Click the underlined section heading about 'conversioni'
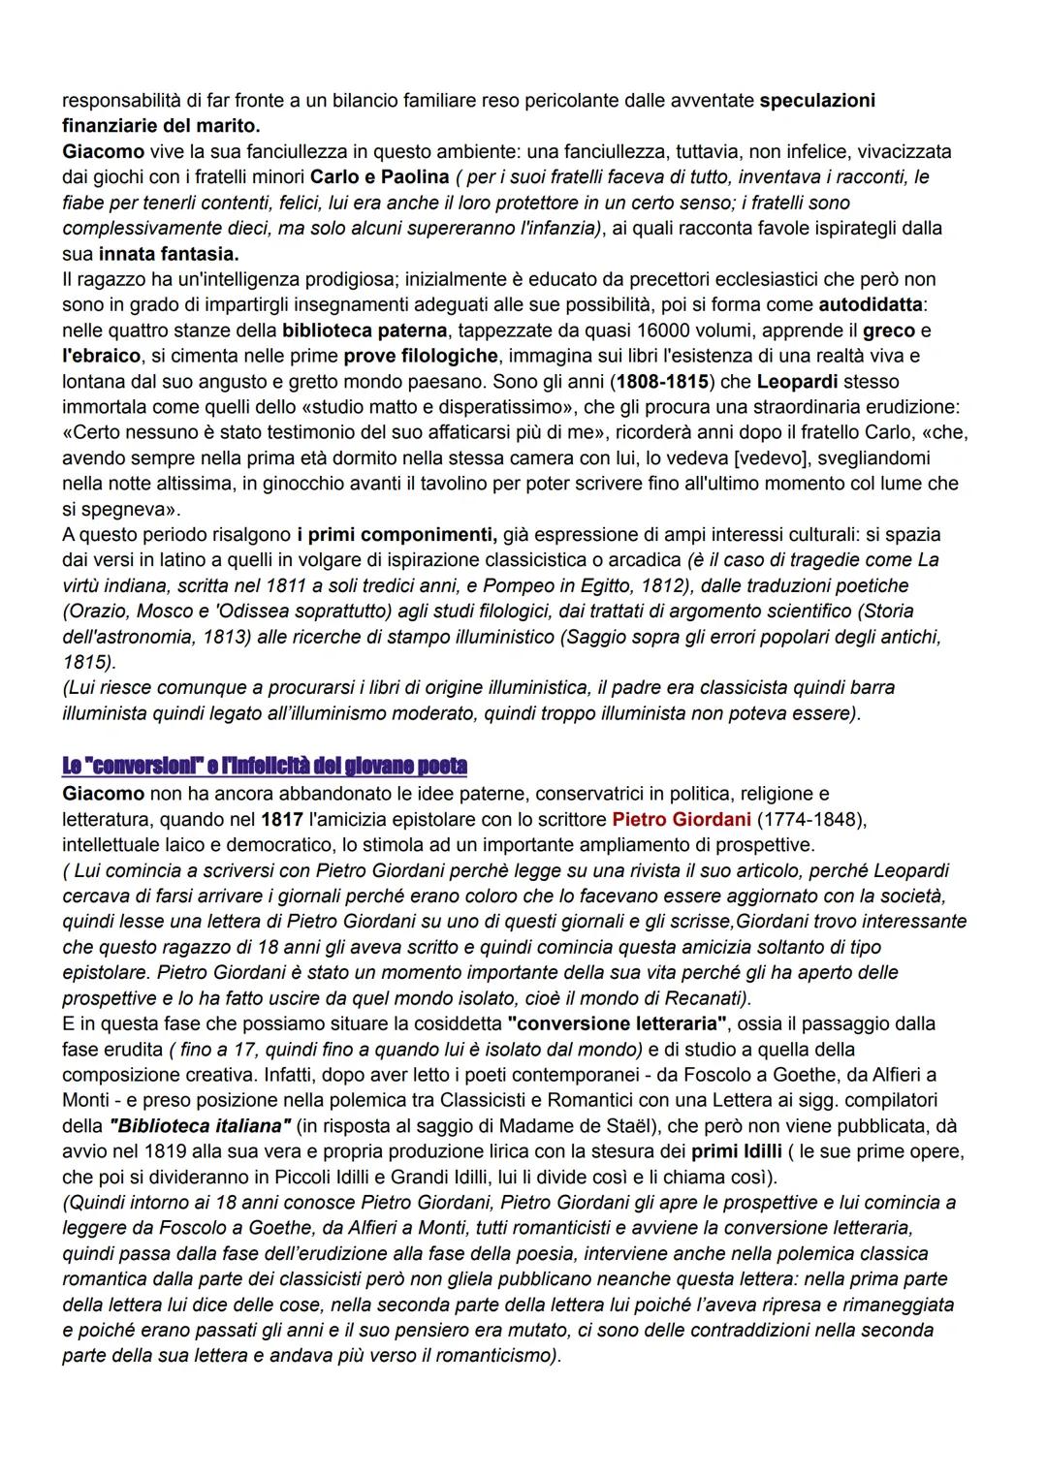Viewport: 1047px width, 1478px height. pos(264,766)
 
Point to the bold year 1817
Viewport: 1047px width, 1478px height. pos(282,820)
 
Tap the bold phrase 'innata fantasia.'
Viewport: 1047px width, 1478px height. pos(168,254)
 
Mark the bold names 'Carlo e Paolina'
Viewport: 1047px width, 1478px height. pos(379,177)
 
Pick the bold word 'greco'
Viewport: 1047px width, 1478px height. pos(889,330)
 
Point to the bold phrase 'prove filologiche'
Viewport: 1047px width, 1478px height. pos(420,356)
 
